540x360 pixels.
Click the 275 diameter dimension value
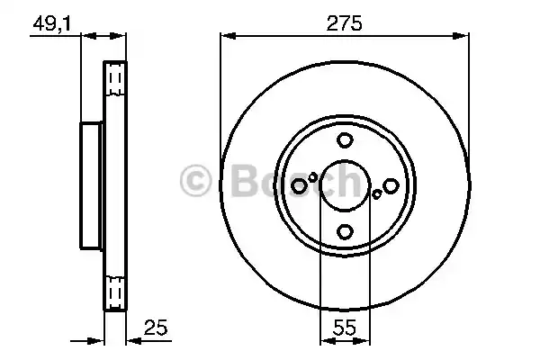(x=345, y=24)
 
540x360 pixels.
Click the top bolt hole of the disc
(x=345, y=140)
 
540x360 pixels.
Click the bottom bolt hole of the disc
(x=345, y=232)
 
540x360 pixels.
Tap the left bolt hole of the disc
(x=299, y=185)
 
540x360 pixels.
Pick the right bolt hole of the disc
(x=391, y=185)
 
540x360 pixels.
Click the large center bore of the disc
(x=345, y=185)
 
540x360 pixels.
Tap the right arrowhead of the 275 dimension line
(x=465, y=36)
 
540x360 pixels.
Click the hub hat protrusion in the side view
(x=91, y=186)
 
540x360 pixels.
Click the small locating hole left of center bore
(x=313, y=177)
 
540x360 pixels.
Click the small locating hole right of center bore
(x=376, y=193)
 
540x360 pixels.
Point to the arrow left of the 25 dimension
(x=94, y=340)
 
